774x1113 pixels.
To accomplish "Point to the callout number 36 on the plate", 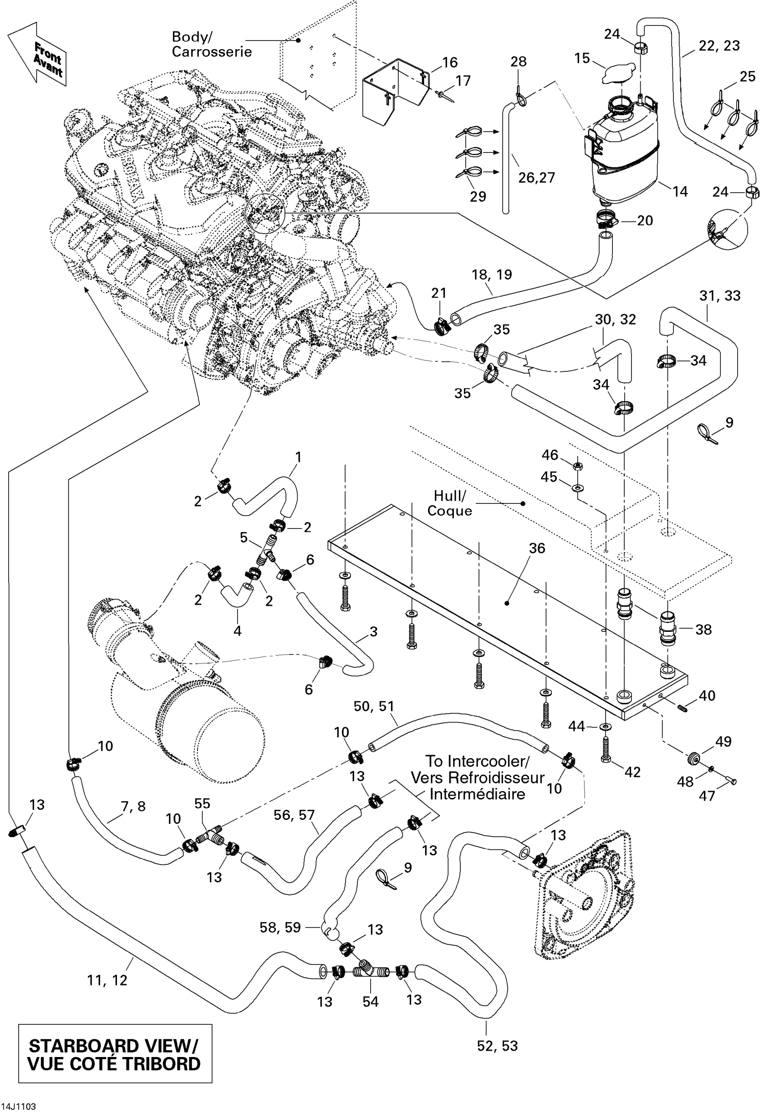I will [537, 548].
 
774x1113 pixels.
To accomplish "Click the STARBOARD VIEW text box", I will [115, 1056].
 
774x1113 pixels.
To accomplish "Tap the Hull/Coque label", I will [449, 503].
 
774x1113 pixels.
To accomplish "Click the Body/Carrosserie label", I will [211, 44].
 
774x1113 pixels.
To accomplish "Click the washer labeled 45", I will [578, 487].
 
